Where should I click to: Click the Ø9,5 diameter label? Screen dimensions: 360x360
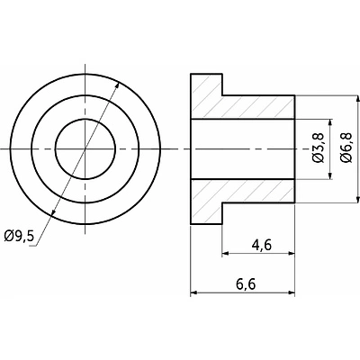19,237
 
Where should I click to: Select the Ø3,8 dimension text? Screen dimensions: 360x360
319,148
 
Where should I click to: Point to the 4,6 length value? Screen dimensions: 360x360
262,246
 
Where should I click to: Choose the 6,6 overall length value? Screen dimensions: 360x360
246,283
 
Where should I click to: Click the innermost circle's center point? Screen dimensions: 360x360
85,149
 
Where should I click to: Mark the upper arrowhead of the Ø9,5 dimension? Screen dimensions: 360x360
117,85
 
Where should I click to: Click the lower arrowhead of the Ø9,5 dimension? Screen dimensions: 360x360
53,211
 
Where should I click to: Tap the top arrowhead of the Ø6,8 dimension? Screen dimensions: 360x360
357,99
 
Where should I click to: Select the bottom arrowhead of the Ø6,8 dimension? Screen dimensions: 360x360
357,199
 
